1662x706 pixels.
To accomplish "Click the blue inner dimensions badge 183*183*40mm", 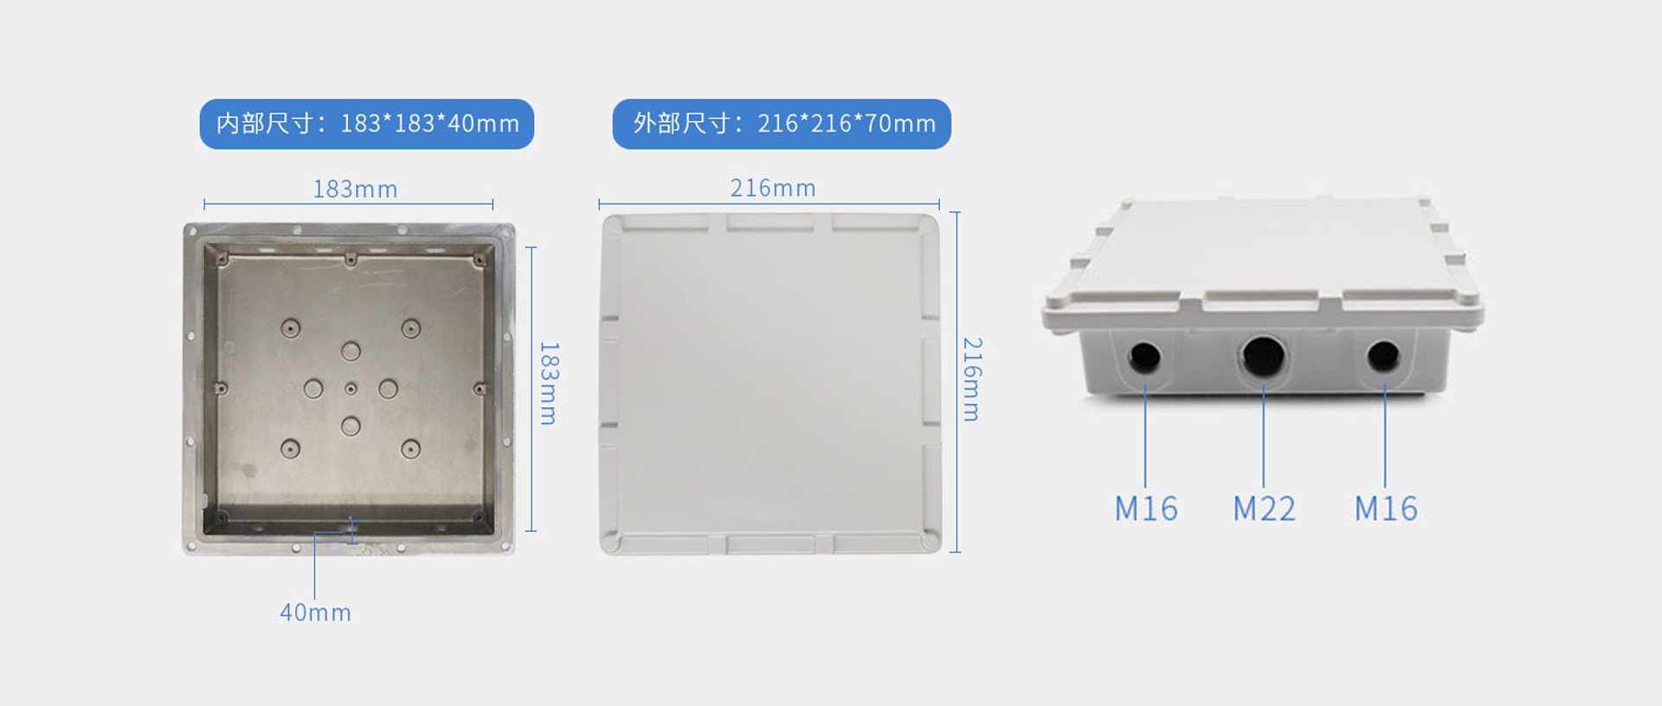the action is [x=367, y=124].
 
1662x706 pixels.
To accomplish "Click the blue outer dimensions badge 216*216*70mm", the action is [x=782, y=124].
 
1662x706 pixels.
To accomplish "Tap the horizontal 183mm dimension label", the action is [x=355, y=189].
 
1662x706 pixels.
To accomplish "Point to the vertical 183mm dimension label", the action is [x=549, y=383].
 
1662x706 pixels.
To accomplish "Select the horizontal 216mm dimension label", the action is [x=773, y=188].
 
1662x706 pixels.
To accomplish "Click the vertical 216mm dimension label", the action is [x=972, y=379].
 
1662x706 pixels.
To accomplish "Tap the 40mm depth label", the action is [x=315, y=612].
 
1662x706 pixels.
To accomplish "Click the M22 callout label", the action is [x=1264, y=509].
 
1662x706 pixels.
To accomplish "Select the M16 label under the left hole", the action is [x=1146, y=509].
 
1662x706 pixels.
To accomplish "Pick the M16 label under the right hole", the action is [x=1386, y=509].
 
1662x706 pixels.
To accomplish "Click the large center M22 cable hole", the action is [x=1264, y=356].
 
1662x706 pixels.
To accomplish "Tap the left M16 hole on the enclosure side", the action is [x=1144, y=357].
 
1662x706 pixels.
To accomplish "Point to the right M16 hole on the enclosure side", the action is [x=1382, y=356].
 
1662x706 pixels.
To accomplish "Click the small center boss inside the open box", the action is [x=351, y=389].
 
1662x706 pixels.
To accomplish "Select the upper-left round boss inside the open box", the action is [x=290, y=328].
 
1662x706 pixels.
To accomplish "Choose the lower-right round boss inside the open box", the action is [x=410, y=449].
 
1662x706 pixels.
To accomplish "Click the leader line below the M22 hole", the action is [x=1264, y=437].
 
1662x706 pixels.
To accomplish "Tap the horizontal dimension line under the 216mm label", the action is [x=769, y=204].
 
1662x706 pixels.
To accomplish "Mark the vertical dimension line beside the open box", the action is [x=531, y=389].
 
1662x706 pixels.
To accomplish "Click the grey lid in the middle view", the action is [x=770, y=384].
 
